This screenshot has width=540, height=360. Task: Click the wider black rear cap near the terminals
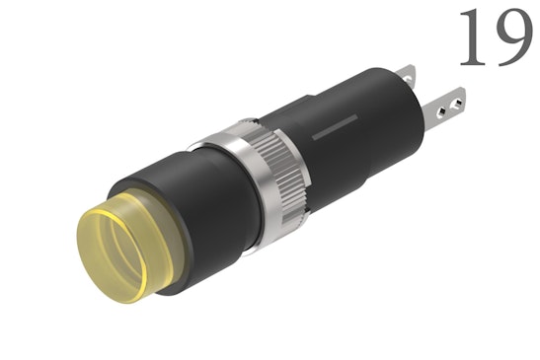click(390, 108)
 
